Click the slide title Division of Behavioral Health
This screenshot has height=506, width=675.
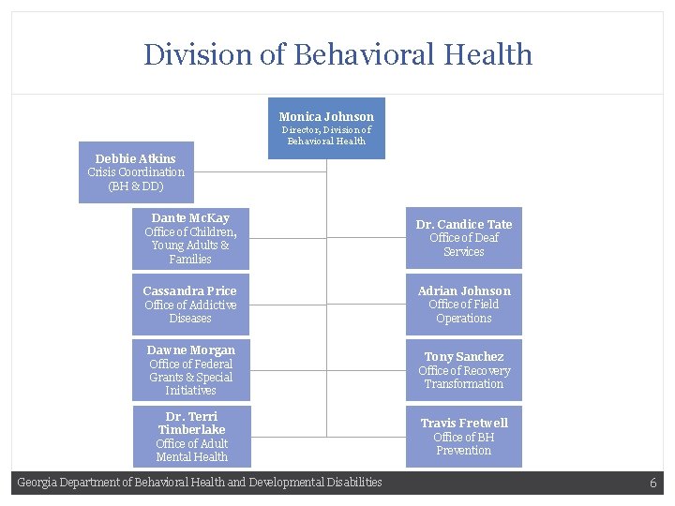click(x=337, y=54)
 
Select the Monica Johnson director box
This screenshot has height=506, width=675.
click(x=326, y=128)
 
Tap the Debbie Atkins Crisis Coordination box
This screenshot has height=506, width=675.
click(x=136, y=172)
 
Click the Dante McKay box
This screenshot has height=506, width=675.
click(x=190, y=239)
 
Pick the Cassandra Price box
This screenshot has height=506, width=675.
click(x=190, y=305)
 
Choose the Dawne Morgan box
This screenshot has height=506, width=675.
click(x=190, y=370)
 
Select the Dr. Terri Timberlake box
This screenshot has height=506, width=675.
click(x=191, y=436)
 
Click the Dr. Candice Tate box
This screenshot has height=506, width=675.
click(x=464, y=238)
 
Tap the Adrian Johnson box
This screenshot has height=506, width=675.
click(x=464, y=305)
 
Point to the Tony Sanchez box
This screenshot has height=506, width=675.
click(x=464, y=370)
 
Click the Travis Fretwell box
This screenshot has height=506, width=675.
click(x=464, y=436)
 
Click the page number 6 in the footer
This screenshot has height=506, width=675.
click(x=652, y=484)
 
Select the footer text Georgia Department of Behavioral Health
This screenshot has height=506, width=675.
click(x=200, y=483)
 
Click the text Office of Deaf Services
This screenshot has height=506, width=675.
click(x=464, y=245)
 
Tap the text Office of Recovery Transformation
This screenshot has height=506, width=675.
click(x=464, y=378)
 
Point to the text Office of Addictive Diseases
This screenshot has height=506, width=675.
click(x=190, y=312)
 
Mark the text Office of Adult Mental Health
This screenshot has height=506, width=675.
click(x=191, y=451)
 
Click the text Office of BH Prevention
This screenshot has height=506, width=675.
click(x=464, y=444)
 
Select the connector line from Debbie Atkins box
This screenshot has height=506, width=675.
click(x=260, y=172)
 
